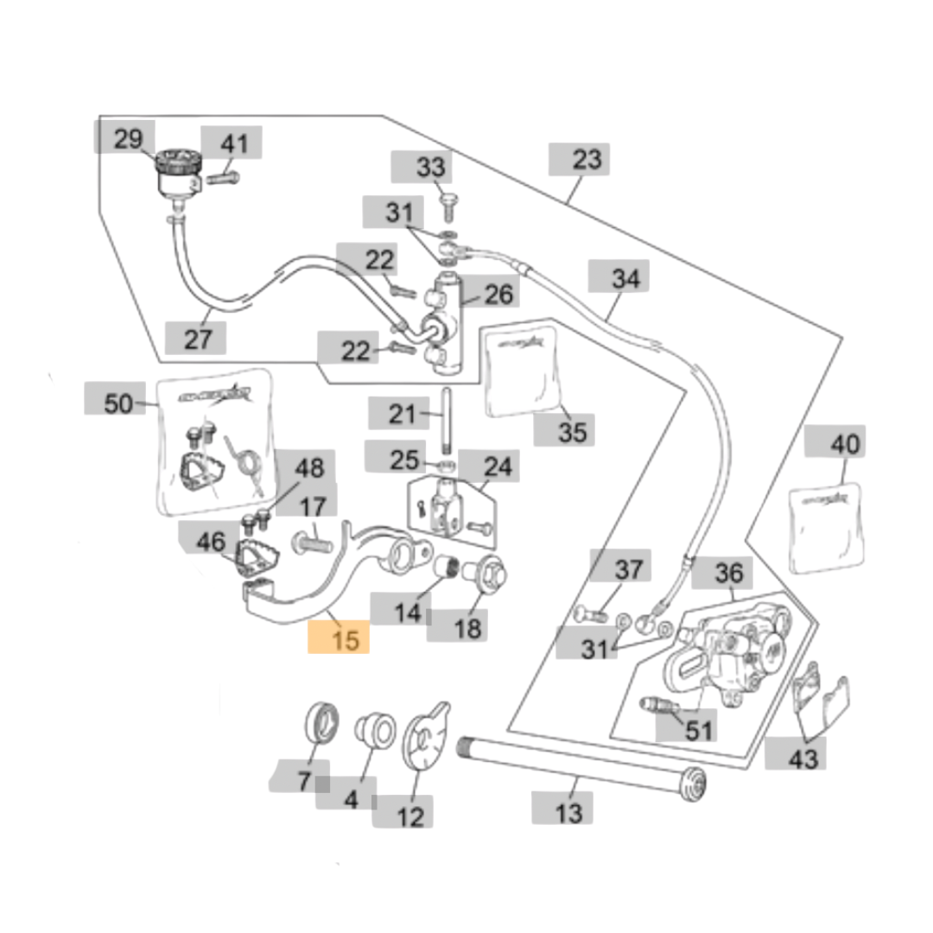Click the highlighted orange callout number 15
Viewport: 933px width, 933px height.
(339, 640)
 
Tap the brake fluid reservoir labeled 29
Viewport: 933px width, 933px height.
(177, 173)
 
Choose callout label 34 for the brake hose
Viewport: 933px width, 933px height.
(625, 279)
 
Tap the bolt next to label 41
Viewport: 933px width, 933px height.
(223, 179)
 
